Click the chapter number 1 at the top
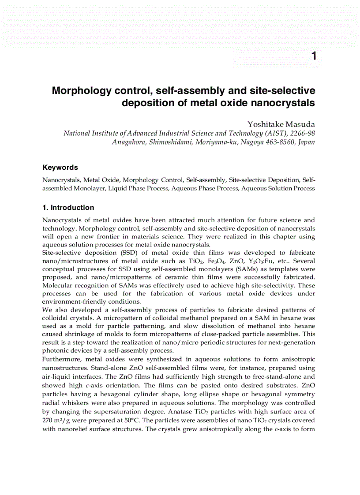314,56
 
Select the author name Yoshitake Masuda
281,124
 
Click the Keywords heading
60,167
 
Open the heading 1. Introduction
68,208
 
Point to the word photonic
56,350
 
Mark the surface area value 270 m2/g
56,419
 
